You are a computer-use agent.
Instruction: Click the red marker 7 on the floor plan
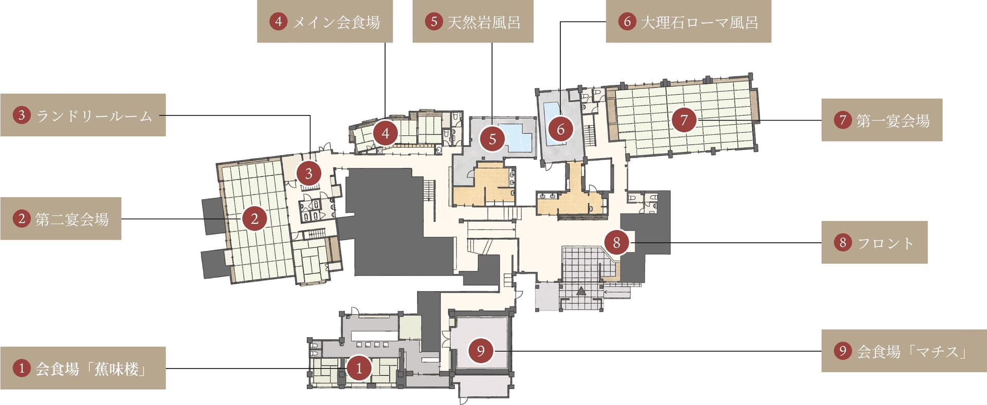point(684,120)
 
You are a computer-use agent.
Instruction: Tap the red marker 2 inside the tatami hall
point(254,219)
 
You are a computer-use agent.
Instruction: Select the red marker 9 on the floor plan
point(481,351)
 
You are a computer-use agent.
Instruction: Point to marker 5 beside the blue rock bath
point(492,139)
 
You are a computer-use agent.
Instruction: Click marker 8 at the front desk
point(616,242)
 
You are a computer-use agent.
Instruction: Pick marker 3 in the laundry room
point(308,173)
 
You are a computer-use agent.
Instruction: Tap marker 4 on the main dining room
point(385,134)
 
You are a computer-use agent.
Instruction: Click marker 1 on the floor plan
point(359,368)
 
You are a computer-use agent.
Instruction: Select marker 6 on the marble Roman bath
point(560,129)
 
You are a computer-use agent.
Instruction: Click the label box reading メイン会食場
point(325,21)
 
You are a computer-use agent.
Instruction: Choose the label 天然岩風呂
point(473,21)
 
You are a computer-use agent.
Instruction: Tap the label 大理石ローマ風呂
point(688,21)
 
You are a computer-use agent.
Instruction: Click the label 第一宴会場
point(882,120)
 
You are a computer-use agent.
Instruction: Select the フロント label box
point(874,242)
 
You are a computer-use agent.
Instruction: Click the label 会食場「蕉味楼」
point(83,368)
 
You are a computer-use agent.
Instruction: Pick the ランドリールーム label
point(83,115)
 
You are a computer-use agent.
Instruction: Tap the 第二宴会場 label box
point(61,219)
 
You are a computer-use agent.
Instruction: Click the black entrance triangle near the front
point(581,291)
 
